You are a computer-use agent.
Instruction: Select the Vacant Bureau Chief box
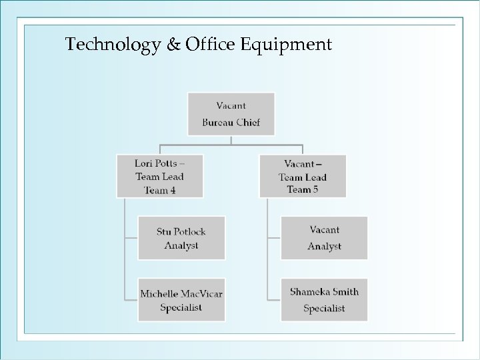coord(231,113)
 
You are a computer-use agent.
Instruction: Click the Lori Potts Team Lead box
coord(159,176)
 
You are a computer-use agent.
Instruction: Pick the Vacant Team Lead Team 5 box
coord(303,176)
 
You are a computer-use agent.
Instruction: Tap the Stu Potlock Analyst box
coord(181,238)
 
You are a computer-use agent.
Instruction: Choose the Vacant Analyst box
coord(324,238)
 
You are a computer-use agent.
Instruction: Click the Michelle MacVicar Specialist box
coord(181,300)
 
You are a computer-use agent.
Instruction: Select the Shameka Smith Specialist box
coord(324,300)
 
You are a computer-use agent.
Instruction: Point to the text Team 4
coord(159,190)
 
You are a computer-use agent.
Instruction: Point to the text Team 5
coord(303,190)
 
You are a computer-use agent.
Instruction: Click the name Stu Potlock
coord(181,231)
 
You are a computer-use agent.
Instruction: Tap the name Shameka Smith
coord(324,292)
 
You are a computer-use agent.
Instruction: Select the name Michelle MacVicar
coord(181,293)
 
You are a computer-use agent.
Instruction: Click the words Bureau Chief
coord(231,122)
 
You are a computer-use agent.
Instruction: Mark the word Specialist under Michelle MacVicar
coord(181,308)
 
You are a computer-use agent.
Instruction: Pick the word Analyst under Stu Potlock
coord(181,246)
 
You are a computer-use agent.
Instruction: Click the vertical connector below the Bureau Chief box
coord(231,139)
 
